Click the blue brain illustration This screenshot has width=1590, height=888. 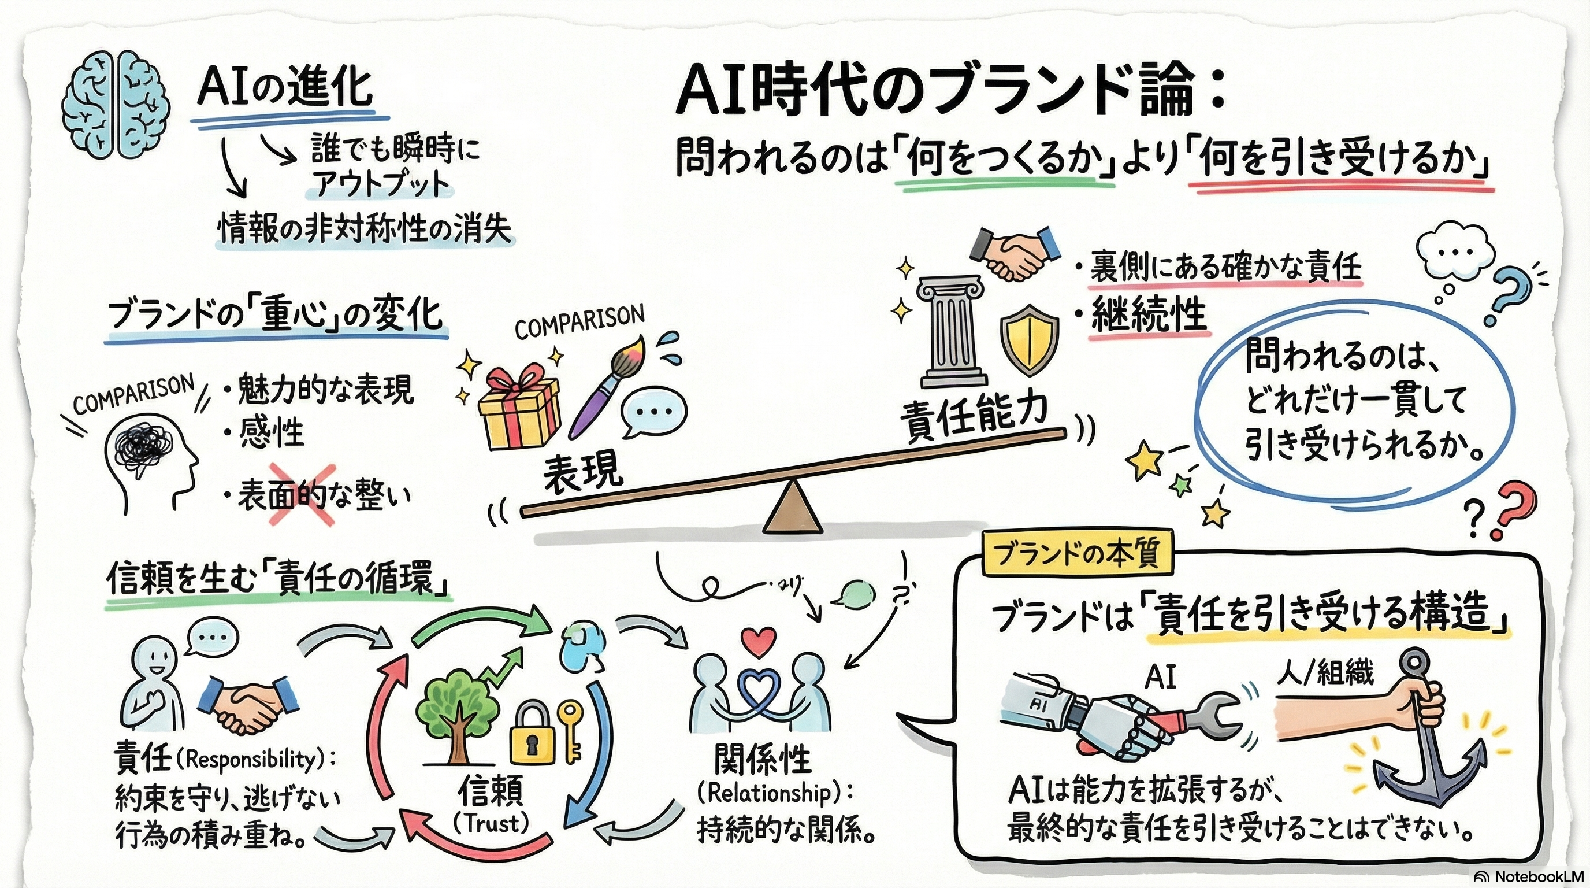pos(116,107)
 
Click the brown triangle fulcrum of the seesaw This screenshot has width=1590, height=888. pos(793,509)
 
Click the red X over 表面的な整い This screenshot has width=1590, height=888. pos(302,494)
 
